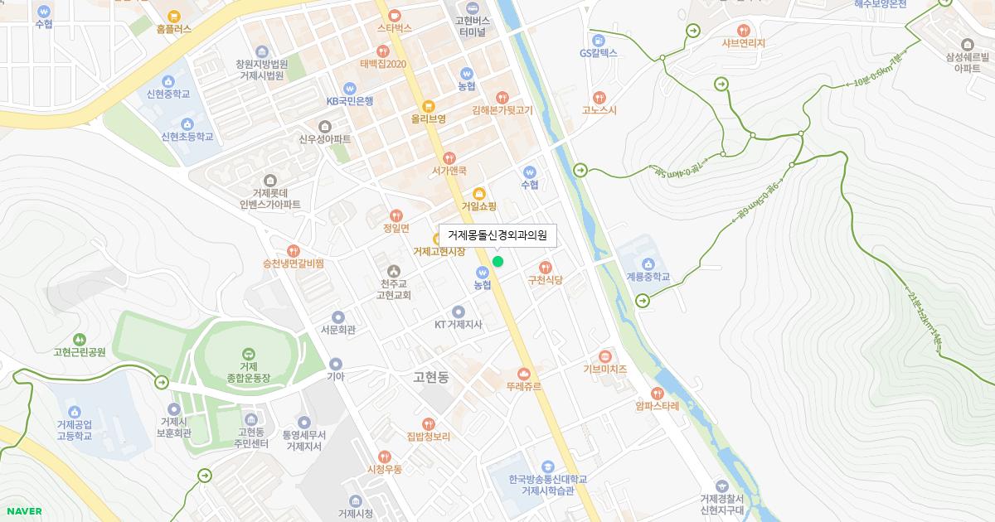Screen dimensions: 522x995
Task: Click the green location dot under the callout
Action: (x=498, y=262)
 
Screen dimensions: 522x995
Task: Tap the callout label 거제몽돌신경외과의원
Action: (x=498, y=235)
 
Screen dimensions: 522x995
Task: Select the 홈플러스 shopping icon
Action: (x=173, y=16)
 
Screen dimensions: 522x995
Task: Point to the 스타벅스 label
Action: (x=394, y=28)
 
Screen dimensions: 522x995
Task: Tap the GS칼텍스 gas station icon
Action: (x=599, y=40)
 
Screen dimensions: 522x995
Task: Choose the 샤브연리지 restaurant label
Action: (x=743, y=43)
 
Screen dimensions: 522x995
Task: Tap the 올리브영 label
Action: (x=428, y=118)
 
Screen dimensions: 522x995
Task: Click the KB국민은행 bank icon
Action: (x=349, y=88)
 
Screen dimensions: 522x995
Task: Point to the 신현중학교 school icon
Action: (x=168, y=81)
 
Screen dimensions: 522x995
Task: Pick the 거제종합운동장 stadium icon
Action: (x=249, y=354)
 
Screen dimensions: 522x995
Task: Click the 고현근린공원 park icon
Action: (x=79, y=339)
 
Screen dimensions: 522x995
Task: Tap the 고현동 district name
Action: (x=430, y=377)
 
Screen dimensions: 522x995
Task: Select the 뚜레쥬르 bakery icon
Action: (x=523, y=374)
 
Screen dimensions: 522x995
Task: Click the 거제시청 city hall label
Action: (x=355, y=514)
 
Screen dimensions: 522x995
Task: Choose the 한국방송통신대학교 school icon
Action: (x=547, y=466)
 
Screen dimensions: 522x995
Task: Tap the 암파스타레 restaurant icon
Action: (x=657, y=394)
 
